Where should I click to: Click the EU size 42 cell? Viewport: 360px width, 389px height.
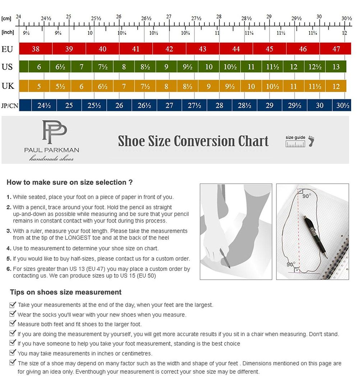click(x=169, y=49)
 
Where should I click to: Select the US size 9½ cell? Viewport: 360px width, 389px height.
click(x=188, y=67)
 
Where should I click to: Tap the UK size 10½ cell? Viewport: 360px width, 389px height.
click(x=272, y=86)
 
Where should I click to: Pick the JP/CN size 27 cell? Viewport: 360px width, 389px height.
click(x=169, y=106)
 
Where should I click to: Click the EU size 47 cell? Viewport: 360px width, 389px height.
click(x=336, y=49)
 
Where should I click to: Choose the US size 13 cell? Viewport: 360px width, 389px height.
click(x=336, y=67)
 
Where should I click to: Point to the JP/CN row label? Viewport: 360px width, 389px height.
click(x=9, y=106)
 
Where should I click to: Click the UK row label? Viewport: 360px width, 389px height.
click(x=8, y=86)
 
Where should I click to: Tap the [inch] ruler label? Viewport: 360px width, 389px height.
click(x=8, y=32)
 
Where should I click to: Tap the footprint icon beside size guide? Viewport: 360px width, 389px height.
click(x=311, y=141)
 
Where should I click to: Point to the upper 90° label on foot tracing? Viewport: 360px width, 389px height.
click(x=306, y=196)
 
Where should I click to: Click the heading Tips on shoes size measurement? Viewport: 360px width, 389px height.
click(x=66, y=292)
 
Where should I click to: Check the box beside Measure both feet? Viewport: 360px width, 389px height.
click(x=13, y=324)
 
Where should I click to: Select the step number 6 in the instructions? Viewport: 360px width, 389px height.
click(x=8, y=269)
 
